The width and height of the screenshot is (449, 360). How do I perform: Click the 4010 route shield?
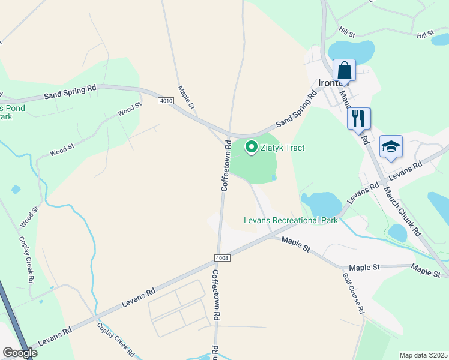[x=166, y=101]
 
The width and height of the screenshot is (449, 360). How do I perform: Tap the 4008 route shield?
[x=221, y=258]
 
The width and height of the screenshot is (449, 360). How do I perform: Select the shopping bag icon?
[x=345, y=69]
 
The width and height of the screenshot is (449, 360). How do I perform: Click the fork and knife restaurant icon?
[x=359, y=118]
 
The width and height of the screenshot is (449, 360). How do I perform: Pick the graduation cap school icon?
[x=391, y=147]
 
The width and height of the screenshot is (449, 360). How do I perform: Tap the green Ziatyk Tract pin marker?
[x=250, y=147]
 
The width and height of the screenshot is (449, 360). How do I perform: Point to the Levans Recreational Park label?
[x=291, y=220]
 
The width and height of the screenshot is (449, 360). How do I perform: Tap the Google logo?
[x=20, y=353]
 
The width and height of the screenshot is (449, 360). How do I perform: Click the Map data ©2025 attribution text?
[x=423, y=355]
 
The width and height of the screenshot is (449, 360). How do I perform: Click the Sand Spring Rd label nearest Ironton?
[x=296, y=109]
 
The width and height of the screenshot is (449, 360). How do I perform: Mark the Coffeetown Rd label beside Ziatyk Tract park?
[x=226, y=166]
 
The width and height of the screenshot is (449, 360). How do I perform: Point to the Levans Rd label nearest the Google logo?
[x=55, y=335]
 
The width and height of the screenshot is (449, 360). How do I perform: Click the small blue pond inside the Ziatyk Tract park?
[x=274, y=177]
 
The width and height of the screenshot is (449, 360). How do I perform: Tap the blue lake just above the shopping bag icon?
[x=342, y=49]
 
